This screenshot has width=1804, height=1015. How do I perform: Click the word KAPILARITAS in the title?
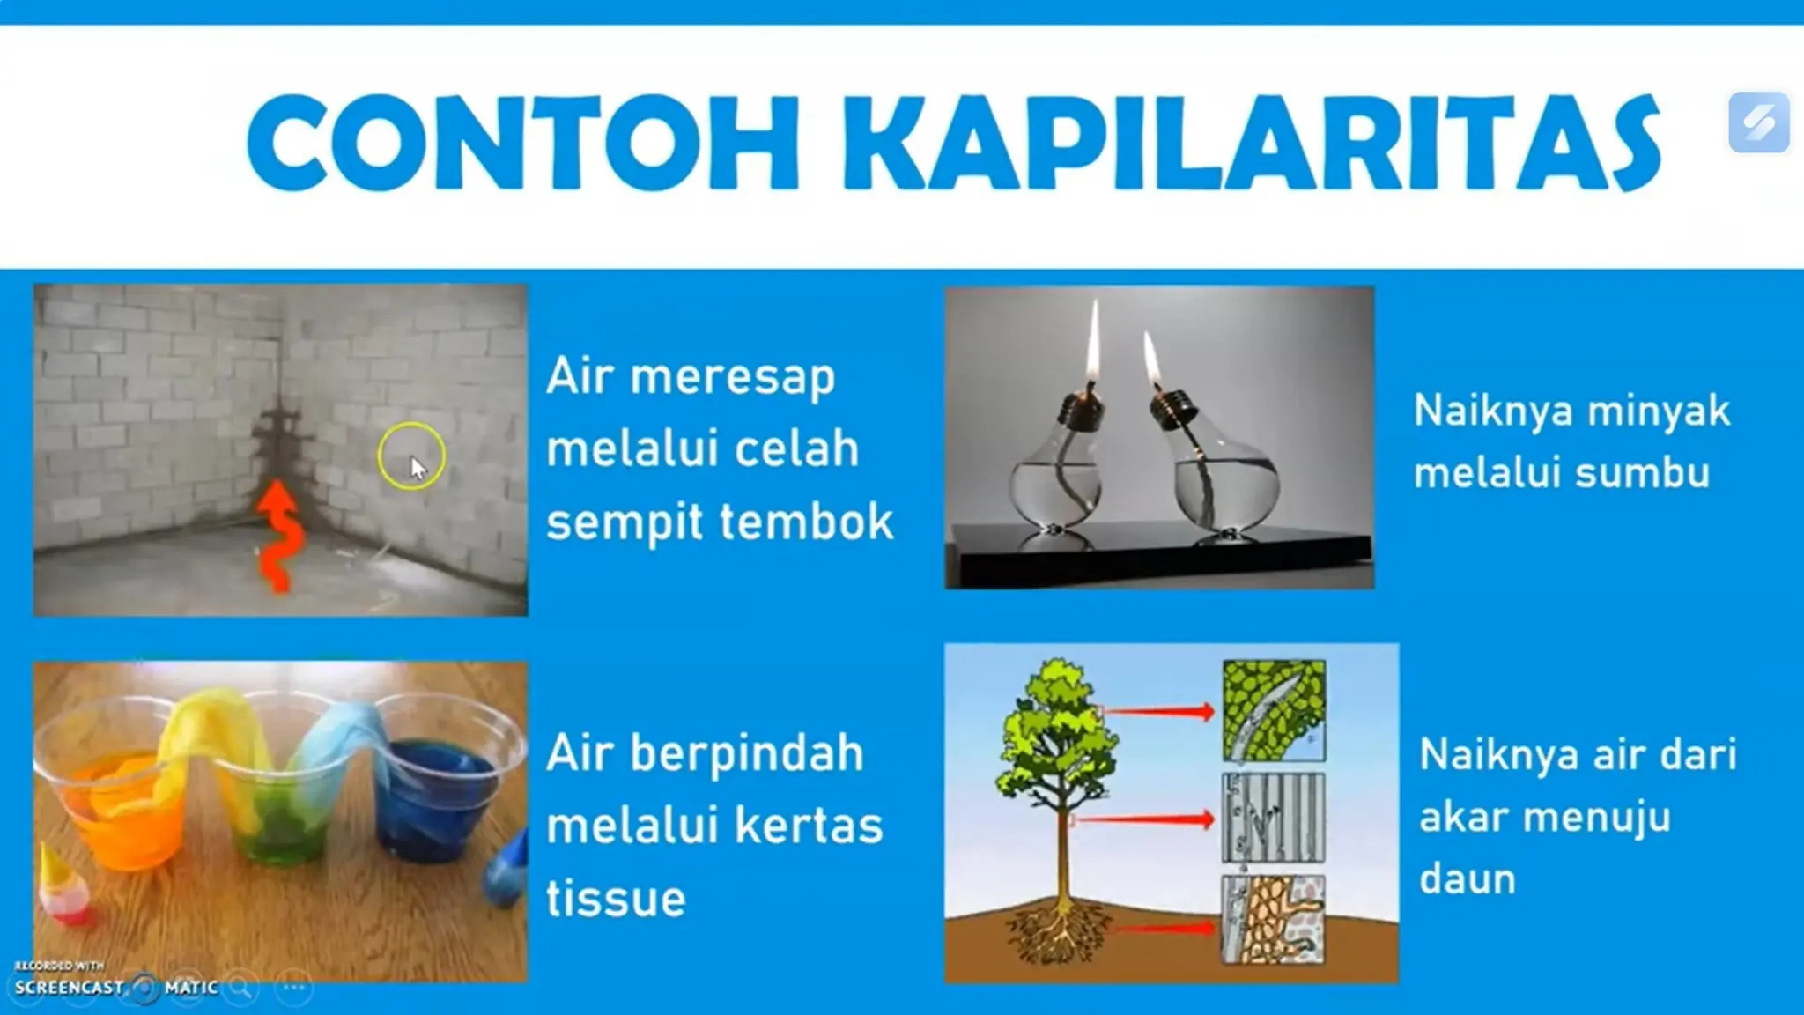(x=1251, y=143)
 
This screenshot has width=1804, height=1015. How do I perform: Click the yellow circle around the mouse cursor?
(x=411, y=456)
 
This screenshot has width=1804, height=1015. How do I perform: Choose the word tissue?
(x=615, y=899)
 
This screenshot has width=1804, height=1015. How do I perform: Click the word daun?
(x=1467, y=878)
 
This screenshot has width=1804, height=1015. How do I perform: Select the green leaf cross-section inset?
(x=1274, y=711)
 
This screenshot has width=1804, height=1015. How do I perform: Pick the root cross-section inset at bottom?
(x=1273, y=919)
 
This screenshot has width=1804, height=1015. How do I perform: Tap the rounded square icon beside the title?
(x=1758, y=122)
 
